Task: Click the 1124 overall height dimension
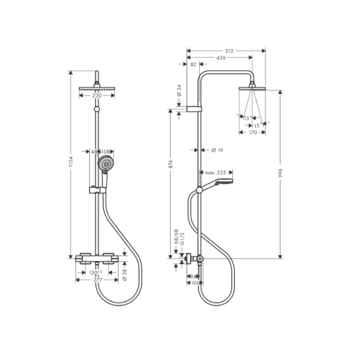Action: pyautogui.click(x=70, y=161)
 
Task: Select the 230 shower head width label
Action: pyautogui.click(x=97, y=95)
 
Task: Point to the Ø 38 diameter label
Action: pyautogui.click(x=125, y=273)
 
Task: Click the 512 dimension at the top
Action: pyautogui.click(x=227, y=50)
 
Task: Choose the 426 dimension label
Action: pyautogui.click(x=220, y=57)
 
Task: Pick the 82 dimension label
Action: pyautogui.click(x=193, y=64)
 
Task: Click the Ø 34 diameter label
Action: pyautogui.click(x=179, y=90)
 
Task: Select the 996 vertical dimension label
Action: pyautogui.click(x=280, y=172)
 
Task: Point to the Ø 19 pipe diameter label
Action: pyautogui.click(x=217, y=150)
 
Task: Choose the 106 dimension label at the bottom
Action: pyautogui.click(x=194, y=283)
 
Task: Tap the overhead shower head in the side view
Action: pyautogui.click(x=252, y=88)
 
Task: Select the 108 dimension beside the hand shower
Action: pyautogui.click(x=106, y=151)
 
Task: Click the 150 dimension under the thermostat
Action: pyautogui.click(x=95, y=272)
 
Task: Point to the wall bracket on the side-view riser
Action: pyautogui.click(x=194, y=108)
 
